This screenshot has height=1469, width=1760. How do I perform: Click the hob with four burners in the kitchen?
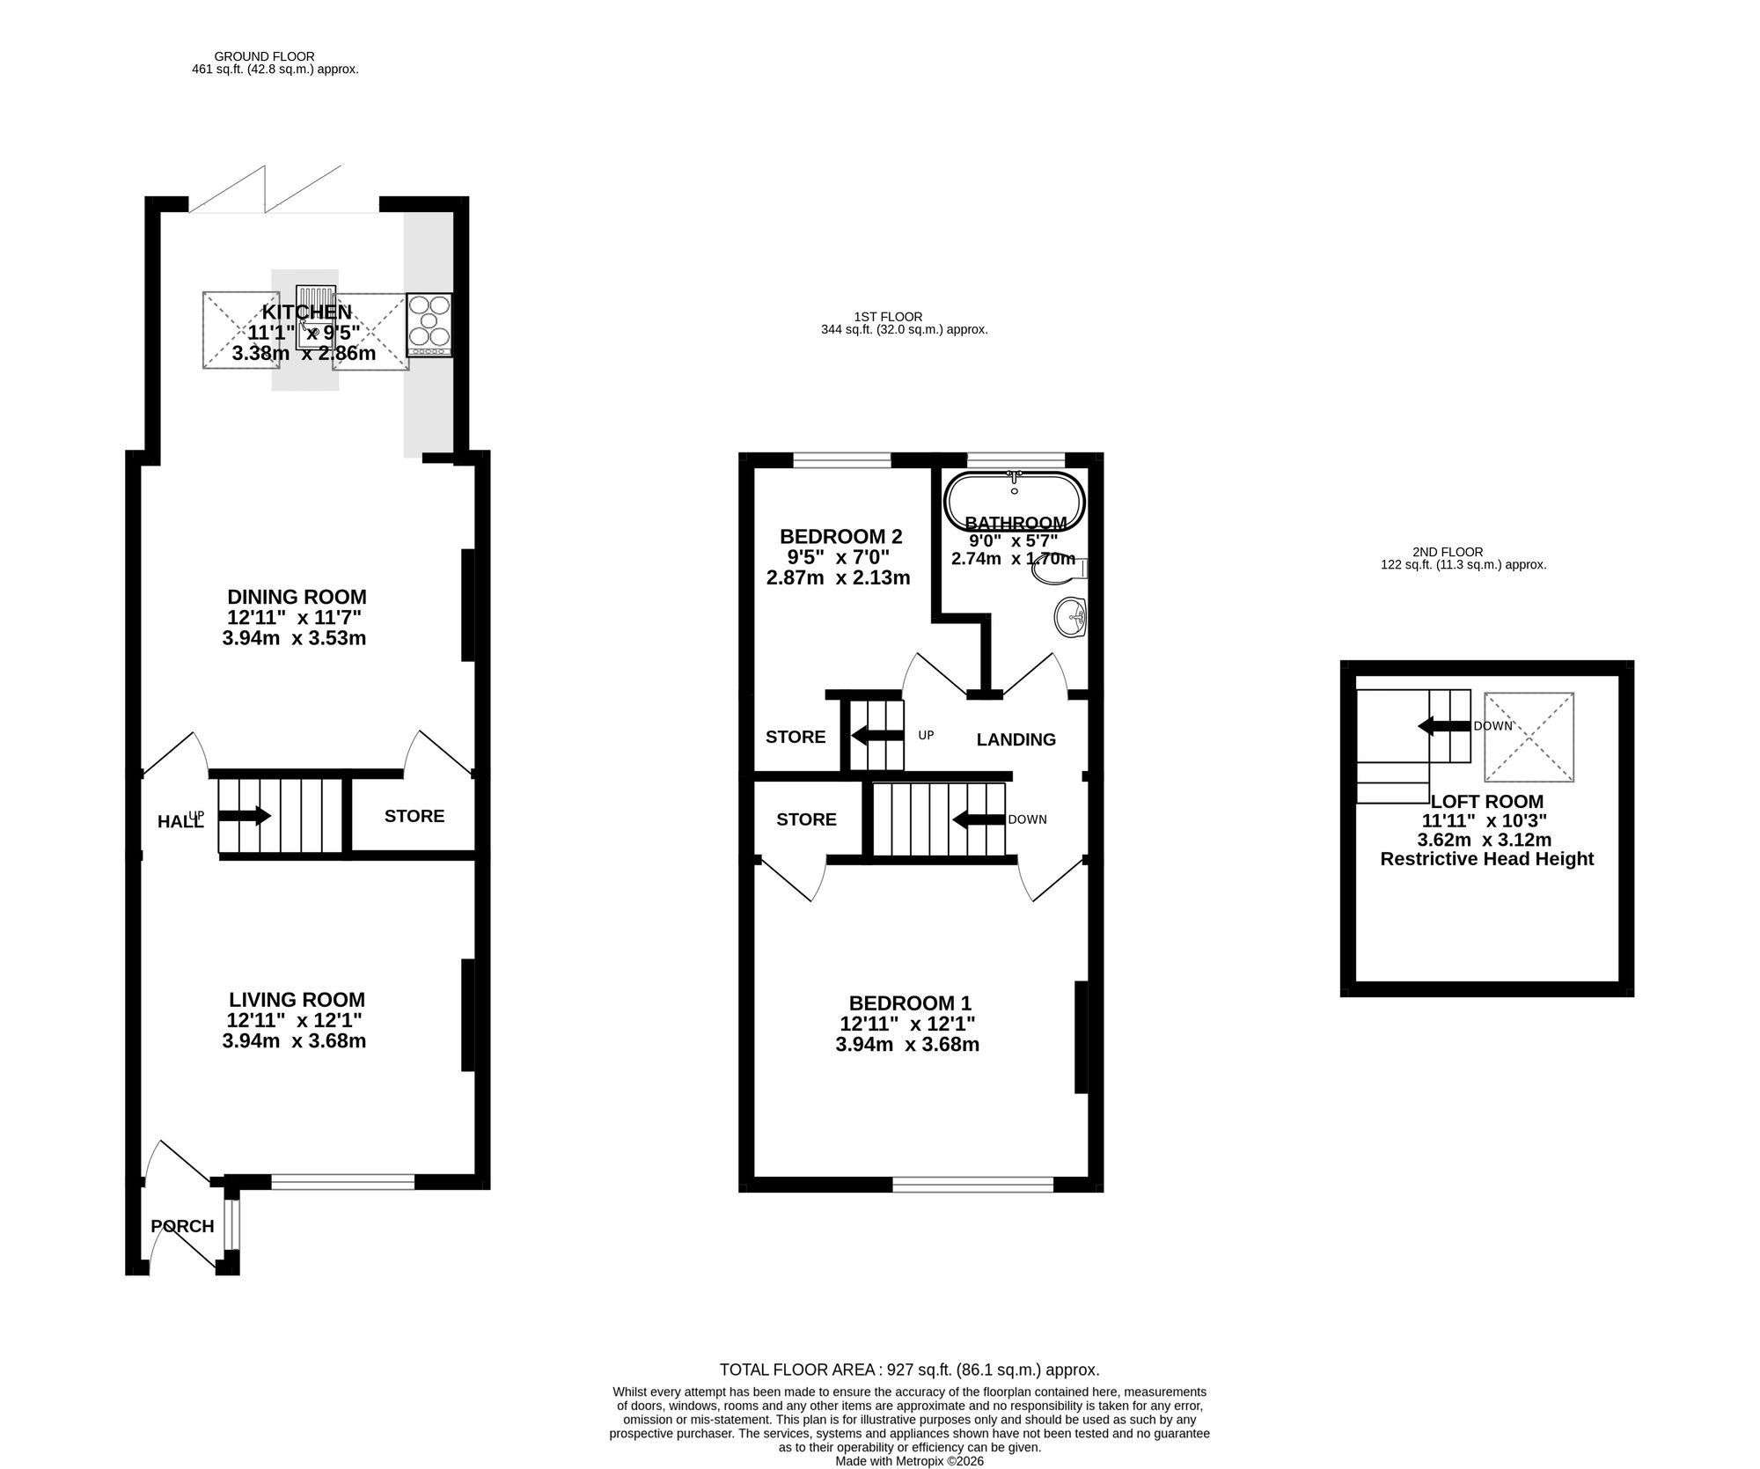tap(429, 325)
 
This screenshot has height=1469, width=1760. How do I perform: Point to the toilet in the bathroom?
tap(1060, 571)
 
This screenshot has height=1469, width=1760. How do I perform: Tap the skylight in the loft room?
tap(1529, 737)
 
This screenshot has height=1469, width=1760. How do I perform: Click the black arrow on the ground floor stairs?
tap(244, 816)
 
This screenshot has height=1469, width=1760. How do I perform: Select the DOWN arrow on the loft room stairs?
tap(1444, 726)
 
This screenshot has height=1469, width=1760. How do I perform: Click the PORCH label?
tap(182, 1226)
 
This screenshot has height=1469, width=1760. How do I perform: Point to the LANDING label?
tap(1016, 739)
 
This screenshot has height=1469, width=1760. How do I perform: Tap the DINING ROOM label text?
tap(297, 597)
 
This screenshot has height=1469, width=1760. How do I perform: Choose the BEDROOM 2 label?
tap(841, 536)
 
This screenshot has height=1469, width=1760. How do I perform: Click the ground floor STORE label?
tap(414, 816)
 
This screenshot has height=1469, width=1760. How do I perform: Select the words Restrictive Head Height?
tap(1487, 858)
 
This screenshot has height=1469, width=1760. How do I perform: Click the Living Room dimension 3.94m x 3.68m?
tap(295, 1041)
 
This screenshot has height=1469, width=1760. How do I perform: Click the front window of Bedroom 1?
tap(973, 1185)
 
